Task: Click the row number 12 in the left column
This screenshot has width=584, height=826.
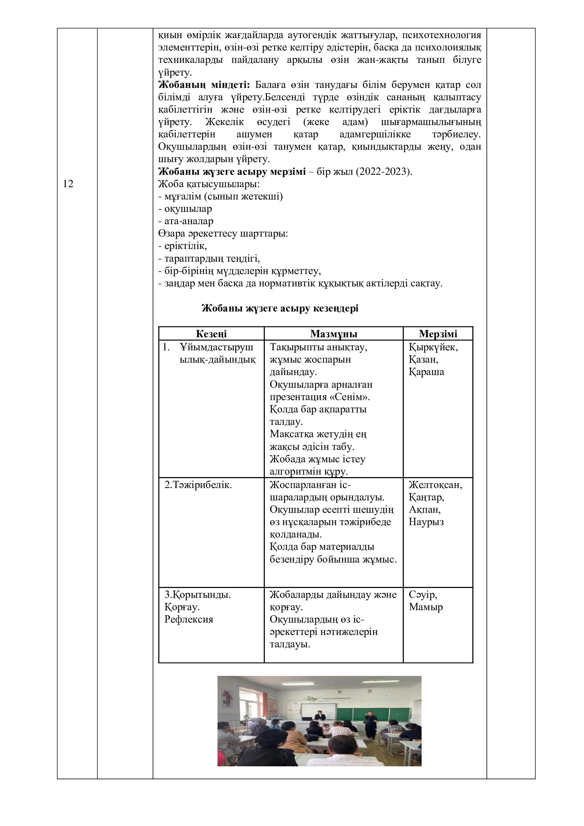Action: pyautogui.click(x=68, y=184)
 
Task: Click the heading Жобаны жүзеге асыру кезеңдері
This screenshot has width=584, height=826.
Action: pyautogui.click(x=280, y=308)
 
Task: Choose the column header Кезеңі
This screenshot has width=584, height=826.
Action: pyautogui.click(x=211, y=334)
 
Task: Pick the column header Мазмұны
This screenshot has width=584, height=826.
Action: pyautogui.click(x=333, y=334)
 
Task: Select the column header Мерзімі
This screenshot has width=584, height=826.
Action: pyautogui.click(x=437, y=334)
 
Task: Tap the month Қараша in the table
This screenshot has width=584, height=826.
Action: pyautogui.click(x=426, y=372)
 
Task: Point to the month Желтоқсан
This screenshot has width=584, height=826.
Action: pyautogui.click(x=435, y=485)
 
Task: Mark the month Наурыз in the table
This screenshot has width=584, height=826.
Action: pyautogui.click(x=426, y=522)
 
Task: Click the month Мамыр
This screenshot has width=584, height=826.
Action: pyautogui.click(x=426, y=607)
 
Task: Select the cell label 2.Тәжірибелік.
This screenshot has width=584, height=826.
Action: pyautogui.click(x=198, y=485)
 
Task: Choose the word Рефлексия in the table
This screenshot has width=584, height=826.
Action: pyautogui.click(x=189, y=619)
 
